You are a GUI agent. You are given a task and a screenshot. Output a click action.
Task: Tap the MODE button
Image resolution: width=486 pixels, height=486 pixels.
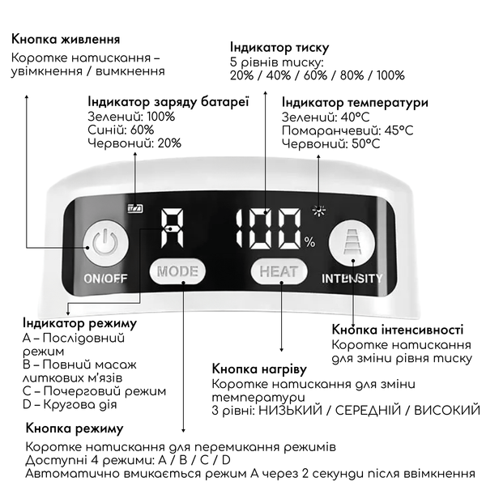pyautogui.click(x=177, y=271)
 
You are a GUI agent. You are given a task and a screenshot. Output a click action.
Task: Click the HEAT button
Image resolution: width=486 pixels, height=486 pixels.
pyautogui.click(x=279, y=271)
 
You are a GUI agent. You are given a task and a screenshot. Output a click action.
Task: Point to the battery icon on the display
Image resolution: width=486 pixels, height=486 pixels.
pyautogui.click(x=135, y=208)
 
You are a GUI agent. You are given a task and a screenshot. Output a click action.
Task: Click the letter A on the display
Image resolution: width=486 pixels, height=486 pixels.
pyautogui.click(x=172, y=228)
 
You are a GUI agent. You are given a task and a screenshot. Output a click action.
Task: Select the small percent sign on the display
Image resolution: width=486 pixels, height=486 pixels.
pyautogui.click(x=310, y=242)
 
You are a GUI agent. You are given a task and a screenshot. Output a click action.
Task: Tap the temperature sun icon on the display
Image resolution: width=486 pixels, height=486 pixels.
pyautogui.click(x=318, y=211)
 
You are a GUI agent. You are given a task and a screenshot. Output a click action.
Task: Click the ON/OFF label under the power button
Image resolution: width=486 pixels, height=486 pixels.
pyautogui.click(x=105, y=279)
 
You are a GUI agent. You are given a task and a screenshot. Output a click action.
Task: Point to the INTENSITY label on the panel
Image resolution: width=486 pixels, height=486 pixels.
pyautogui.click(x=352, y=279)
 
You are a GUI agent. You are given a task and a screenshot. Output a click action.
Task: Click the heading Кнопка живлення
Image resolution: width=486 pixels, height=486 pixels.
pyautogui.click(x=66, y=40)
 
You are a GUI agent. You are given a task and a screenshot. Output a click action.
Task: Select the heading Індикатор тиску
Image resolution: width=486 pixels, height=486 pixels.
pyautogui.click(x=279, y=48)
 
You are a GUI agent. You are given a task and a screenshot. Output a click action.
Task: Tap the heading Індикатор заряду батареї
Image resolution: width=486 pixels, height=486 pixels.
pyautogui.click(x=168, y=102)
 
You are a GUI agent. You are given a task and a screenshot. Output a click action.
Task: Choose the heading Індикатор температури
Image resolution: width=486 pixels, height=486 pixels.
pyautogui.click(x=355, y=103)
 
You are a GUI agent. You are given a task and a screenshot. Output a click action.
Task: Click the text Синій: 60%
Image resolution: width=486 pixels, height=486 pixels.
pyautogui.click(x=121, y=130)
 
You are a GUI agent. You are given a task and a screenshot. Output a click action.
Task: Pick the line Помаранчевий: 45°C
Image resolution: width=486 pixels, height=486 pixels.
pyautogui.click(x=347, y=130)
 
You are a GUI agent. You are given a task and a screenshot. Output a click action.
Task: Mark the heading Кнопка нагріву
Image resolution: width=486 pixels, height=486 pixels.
pyautogui.click(x=259, y=369)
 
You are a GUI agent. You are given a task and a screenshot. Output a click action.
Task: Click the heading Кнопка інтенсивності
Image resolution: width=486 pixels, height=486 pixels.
pyautogui.click(x=398, y=330)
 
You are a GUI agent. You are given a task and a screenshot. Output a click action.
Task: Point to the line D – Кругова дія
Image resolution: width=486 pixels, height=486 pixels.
pyautogui.click(x=70, y=404)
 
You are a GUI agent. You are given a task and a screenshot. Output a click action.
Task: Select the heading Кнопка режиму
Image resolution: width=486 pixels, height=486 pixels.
pyautogui.click(x=75, y=428)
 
